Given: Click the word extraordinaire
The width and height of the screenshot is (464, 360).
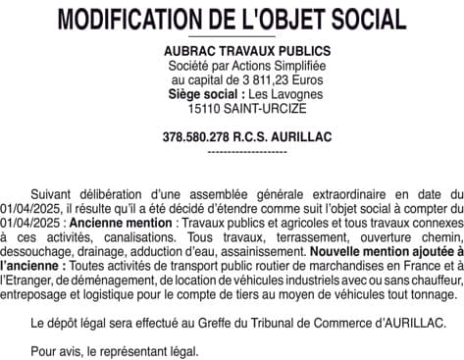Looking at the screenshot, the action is [x=325, y=194].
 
